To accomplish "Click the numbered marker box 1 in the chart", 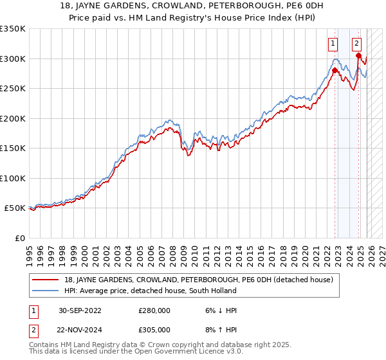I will click(333, 44).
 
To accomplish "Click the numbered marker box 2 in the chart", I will click(356, 44).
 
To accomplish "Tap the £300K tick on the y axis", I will click(13, 59).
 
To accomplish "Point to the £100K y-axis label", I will click(13, 178).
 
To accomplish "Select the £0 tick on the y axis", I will click(19, 238).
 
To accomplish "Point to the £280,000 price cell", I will click(154, 310).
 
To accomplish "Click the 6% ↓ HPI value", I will click(219, 310).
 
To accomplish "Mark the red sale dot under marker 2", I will click(358, 56).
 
